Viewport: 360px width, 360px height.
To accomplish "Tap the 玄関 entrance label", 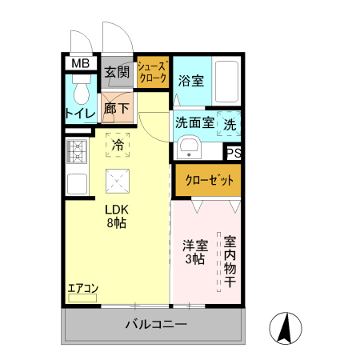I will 118,72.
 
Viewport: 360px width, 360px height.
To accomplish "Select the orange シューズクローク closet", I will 151,73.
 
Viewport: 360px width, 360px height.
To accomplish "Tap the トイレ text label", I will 80,114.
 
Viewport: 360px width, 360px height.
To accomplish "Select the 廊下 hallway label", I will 117,108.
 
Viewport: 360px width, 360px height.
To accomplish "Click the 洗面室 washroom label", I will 194,124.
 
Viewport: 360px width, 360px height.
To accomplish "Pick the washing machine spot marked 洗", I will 229,125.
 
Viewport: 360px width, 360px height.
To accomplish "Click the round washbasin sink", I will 190,147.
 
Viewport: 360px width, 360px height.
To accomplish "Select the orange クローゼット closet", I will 206,181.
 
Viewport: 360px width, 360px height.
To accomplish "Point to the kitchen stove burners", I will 76,149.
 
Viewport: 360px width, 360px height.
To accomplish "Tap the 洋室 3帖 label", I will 193,252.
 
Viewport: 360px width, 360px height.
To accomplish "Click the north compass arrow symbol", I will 283,327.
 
